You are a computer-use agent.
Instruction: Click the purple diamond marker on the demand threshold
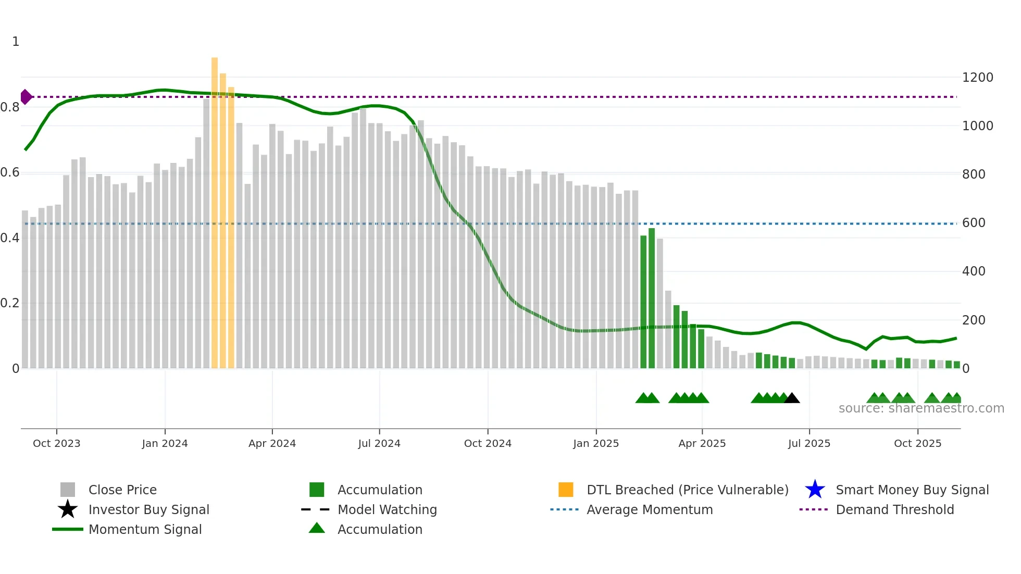pos(26,97)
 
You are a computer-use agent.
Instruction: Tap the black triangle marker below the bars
pos(792,398)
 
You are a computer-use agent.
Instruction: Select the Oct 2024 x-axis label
pos(488,443)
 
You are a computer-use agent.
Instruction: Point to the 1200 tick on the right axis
pos(977,78)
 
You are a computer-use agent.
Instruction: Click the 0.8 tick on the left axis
pos(10,107)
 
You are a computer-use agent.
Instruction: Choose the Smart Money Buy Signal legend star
pos(815,490)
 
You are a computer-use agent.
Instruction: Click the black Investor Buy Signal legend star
pos(68,509)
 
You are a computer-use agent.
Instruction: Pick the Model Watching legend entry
pos(387,509)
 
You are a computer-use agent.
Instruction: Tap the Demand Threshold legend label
pos(894,509)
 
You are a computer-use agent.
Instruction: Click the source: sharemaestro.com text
pos(921,408)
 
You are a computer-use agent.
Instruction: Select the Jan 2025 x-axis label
pos(596,443)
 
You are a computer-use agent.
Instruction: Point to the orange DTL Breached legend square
pos(566,490)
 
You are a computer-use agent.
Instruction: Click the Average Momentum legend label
pos(649,509)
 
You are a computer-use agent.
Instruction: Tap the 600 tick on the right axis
pos(973,223)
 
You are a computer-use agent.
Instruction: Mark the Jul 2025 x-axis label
pos(809,443)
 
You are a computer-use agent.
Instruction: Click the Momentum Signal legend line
pos(68,529)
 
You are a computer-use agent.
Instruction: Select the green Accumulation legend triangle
pos(317,529)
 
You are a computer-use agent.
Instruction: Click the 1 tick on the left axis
pos(16,42)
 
